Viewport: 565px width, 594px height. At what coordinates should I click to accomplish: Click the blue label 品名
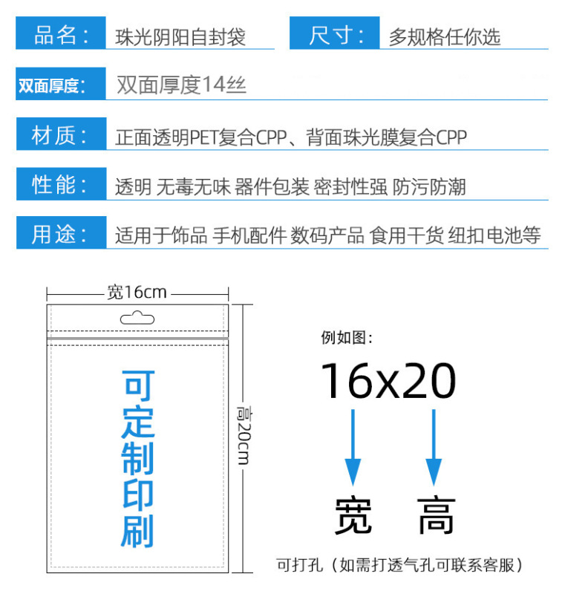pos(60,35)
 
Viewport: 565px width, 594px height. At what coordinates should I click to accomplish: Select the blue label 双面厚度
pos(50,85)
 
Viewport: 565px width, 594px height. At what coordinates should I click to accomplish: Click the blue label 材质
pos(60,136)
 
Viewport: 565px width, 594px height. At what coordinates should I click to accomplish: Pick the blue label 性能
pos(60,185)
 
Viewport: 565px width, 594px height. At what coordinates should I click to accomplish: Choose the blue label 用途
pos(60,235)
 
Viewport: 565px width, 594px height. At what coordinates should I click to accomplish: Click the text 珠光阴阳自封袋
pos(180,36)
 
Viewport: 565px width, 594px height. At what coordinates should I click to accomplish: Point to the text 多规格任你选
pos(445,36)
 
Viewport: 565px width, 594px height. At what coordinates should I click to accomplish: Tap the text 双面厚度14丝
pos(181,85)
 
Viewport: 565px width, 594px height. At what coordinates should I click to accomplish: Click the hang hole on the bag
pos(137,319)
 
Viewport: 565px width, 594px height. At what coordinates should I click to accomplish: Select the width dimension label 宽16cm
pos(137,293)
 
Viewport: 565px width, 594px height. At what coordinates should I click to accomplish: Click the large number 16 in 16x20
pos(347,382)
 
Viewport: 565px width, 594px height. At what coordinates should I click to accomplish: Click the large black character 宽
pos(353,515)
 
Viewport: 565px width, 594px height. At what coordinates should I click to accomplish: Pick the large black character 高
pos(436,515)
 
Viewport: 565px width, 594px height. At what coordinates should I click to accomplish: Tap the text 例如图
pos(346,339)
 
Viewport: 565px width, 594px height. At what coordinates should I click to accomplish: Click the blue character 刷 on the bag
pos(137,529)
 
